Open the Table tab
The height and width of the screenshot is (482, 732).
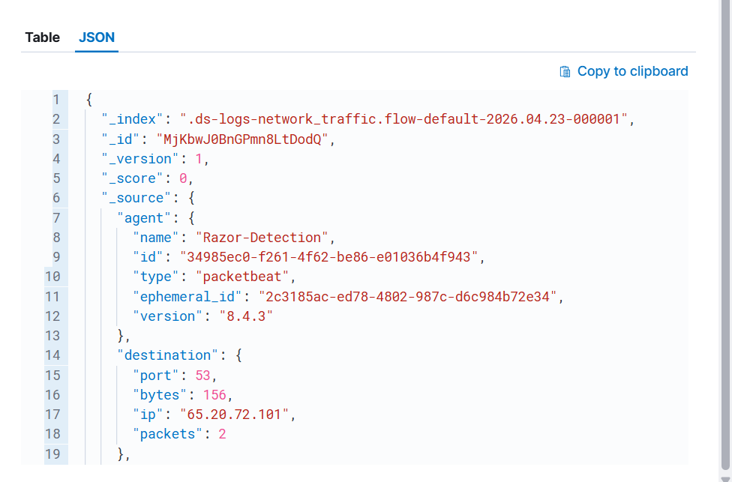click(x=43, y=37)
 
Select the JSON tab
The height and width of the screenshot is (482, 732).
click(x=97, y=37)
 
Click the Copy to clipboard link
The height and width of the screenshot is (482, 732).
click(x=632, y=71)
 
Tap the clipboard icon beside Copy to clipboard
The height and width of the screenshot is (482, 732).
click(x=565, y=71)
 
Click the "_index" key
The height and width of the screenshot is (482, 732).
click(x=132, y=119)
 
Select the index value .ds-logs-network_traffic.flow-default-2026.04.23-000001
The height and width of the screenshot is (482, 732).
click(x=403, y=119)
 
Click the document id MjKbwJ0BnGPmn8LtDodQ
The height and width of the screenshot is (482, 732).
click(x=242, y=139)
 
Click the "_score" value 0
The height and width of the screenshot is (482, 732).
click(x=183, y=178)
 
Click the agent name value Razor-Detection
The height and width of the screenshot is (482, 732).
click(x=262, y=238)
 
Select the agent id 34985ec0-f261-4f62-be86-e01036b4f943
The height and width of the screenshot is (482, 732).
click(x=328, y=257)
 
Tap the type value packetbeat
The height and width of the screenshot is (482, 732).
click(x=242, y=277)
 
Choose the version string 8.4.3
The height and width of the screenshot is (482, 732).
click(x=246, y=316)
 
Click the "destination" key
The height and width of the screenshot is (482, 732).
click(x=167, y=355)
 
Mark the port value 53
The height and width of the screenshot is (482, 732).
click(x=203, y=376)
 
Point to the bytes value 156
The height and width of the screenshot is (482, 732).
click(x=214, y=395)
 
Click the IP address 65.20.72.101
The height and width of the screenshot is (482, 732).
click(x=234, y=415)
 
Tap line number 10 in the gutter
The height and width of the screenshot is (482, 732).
click(x=52, y=277)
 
